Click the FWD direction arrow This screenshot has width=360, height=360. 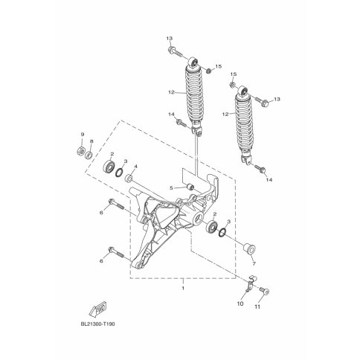click(98, 309)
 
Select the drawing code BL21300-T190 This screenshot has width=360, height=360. click(98, 324)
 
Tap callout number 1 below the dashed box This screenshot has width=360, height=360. click(183, 289)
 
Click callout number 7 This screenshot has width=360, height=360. click(254, 264)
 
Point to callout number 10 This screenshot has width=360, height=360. click(240, 303)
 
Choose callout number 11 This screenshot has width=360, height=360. click(257, 307)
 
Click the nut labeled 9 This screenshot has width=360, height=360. click(80, 150)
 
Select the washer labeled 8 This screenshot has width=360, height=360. click(89, 155)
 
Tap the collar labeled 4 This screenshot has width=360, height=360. click(129, 178)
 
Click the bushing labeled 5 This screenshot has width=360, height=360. click(190, 187)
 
